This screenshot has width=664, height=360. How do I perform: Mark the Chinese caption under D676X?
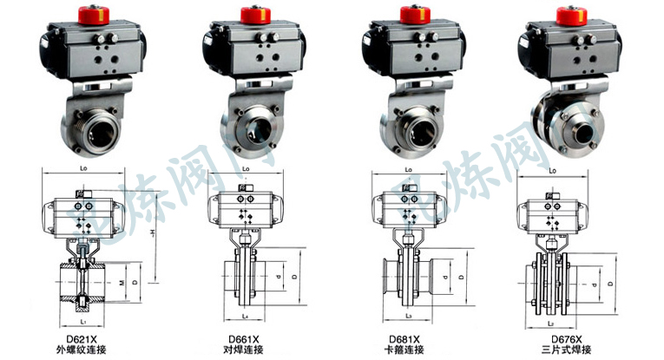[566, 350]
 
